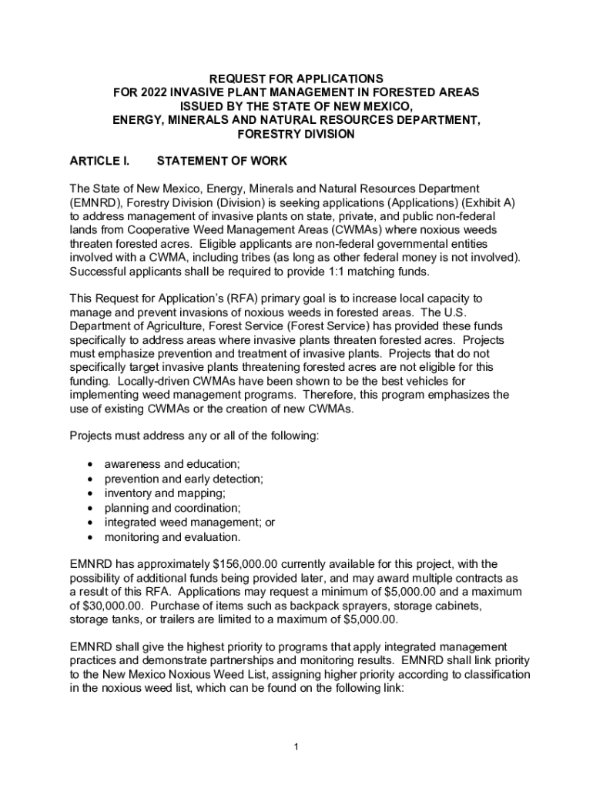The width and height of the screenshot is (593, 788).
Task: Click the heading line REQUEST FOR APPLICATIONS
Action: click(296, 78)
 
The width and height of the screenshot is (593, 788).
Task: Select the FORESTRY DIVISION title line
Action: click(296, 134)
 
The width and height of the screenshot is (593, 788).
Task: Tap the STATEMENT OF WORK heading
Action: click(222, 162)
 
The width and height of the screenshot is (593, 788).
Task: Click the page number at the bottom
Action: click(296, 747)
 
